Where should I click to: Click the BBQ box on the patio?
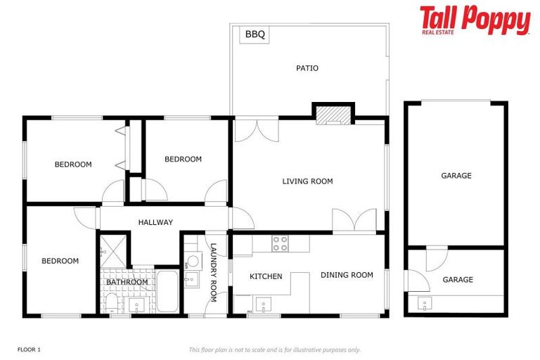point(255,34)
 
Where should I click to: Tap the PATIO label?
point(307,68)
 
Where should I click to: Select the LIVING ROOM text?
point(307,181)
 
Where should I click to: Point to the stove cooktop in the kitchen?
point(281,243)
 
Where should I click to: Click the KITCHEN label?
point(266,276)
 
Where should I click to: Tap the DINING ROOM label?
point(347,275)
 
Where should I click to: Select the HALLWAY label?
point(155,222)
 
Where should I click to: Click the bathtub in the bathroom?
point(167,291)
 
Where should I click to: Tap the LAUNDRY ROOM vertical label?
point(214,273)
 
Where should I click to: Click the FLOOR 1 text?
point(29,349)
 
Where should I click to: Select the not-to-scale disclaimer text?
point(274,349)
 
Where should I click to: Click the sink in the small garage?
point(425,304)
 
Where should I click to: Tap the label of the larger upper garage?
point(456,176)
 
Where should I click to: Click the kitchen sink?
point(264,306)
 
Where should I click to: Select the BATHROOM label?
point(127,283)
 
